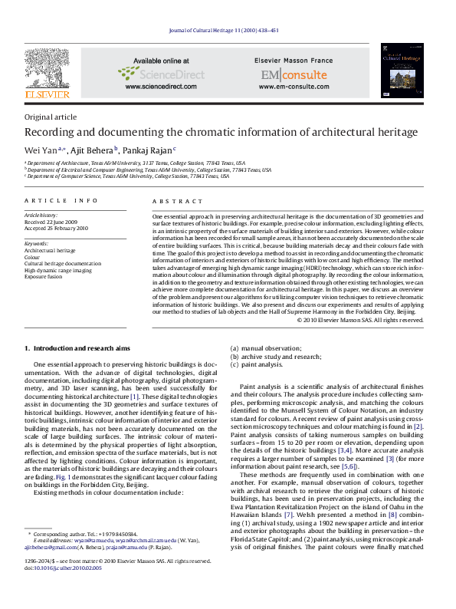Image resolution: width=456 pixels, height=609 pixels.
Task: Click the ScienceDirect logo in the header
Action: (x=161, y=74)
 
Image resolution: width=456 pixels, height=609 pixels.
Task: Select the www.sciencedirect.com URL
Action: (x=160, y=87)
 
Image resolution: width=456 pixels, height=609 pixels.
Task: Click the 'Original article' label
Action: (x=51, y=117)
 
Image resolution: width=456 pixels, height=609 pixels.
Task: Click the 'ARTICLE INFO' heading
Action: (x=61, y=200)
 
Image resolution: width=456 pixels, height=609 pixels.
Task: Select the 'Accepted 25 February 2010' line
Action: (x=57, y=229)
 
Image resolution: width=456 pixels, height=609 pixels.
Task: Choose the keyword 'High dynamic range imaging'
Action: (x=58, y=271)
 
